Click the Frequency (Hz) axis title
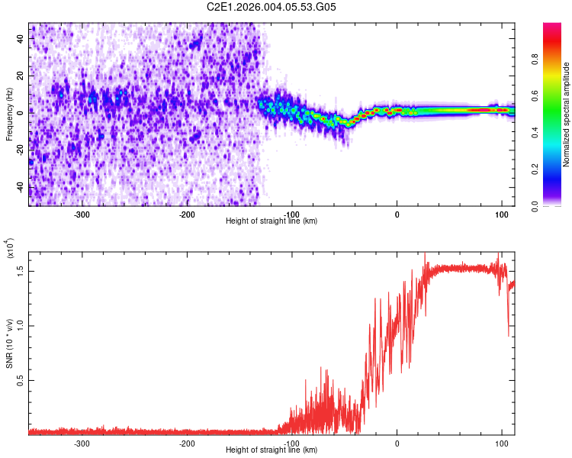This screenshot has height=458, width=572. coord(8,114)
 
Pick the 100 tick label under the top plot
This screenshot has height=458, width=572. coord(501,214)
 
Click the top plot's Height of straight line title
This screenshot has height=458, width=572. coord(272,221)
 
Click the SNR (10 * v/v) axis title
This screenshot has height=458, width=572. coord(10,343)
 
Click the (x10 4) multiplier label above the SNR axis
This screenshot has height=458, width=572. coord(10,249)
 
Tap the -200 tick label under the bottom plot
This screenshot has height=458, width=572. coord(187,443)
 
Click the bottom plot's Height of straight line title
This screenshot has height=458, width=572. coord(272,450)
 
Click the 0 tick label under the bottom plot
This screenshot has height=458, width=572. coord(397,443)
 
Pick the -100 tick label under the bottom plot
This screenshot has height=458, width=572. coord(291,443)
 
